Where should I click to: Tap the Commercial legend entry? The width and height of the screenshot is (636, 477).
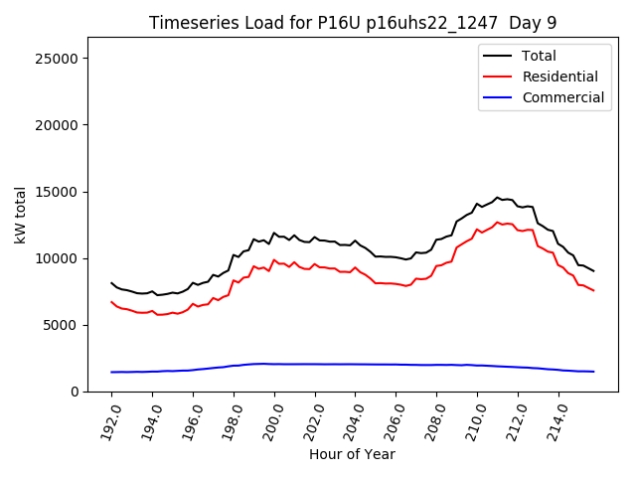(563, 97)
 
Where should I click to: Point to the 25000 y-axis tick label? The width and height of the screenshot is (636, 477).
(58, 59)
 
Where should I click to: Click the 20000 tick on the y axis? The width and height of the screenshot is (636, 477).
(58, 125)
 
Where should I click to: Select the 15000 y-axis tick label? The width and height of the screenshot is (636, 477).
(58, 192)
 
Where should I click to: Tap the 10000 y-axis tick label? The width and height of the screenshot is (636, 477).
(58, 258)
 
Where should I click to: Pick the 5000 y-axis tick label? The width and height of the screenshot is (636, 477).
(62, 325)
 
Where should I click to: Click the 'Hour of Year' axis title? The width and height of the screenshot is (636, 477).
(352, 454)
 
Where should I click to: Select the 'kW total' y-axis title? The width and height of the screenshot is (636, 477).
(20, 215)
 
